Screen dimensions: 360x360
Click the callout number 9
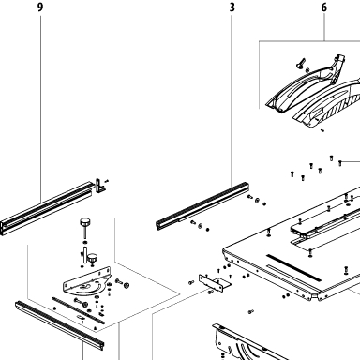40,7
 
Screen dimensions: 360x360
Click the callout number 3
232,7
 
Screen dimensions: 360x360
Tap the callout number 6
324,7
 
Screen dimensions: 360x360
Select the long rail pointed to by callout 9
47,208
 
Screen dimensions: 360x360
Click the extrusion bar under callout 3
202,205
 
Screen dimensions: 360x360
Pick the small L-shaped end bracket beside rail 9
100,186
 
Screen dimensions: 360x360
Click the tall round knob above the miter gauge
84,222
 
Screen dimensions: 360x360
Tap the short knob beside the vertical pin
93,259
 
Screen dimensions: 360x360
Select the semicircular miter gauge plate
86,281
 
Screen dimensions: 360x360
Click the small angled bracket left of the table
215,283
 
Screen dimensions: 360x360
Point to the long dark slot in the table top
293,267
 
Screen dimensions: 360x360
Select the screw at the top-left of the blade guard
300,64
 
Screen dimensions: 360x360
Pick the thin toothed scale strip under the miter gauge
78,310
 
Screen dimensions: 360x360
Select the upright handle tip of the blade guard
339,60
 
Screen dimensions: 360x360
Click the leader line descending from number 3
232,99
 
